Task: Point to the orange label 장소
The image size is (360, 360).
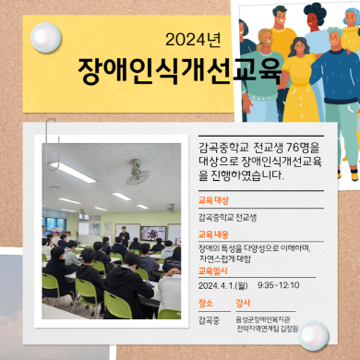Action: tap(206, 303)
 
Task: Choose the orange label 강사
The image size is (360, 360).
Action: tap(245, 303)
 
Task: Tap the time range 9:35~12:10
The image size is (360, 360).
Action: tap(278, 285)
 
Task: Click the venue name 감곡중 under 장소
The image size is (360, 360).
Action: tap(209, 319)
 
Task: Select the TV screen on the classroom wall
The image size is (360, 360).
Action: tap(152, 234)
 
